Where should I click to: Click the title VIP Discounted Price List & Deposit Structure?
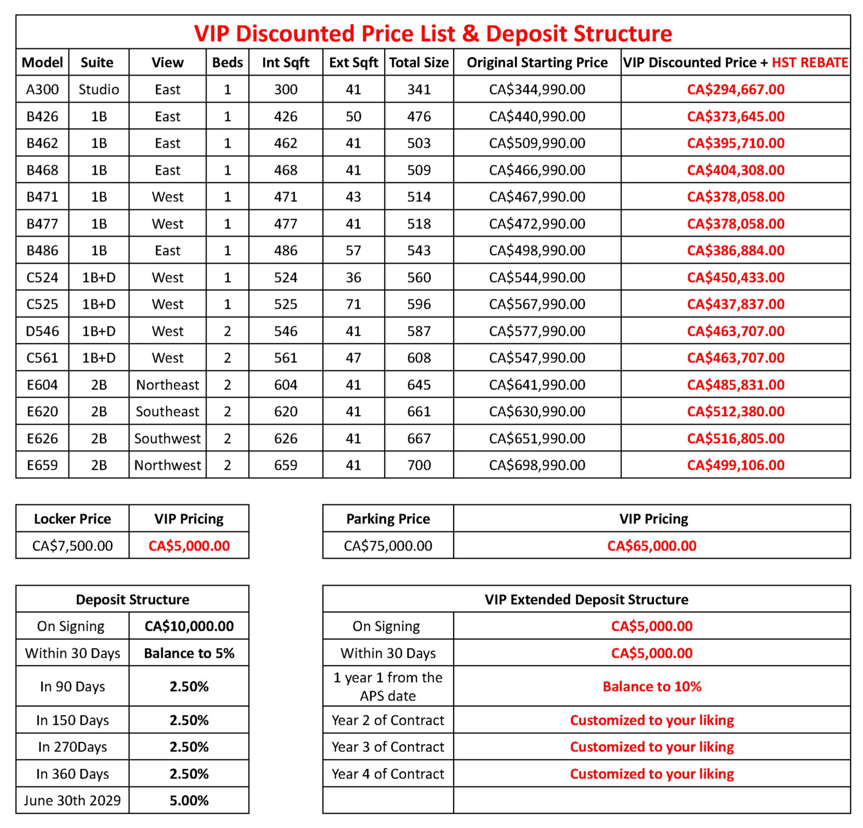433,33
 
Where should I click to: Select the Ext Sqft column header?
353,63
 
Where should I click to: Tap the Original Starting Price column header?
537,63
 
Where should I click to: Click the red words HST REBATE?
810,63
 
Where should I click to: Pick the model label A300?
43,90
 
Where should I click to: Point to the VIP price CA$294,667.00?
735,90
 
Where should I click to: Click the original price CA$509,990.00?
537,143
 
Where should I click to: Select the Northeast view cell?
167,385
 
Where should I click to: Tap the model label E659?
43,465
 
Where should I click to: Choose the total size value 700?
419,465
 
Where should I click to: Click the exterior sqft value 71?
353,304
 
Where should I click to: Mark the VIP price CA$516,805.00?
735,438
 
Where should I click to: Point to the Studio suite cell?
99,90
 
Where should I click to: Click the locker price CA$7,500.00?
72,546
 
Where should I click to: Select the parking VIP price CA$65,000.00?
652,546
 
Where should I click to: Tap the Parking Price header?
388,519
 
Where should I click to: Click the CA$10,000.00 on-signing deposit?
189,626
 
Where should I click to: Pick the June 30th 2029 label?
72,800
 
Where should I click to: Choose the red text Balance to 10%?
652,687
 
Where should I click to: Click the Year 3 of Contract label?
388,747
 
